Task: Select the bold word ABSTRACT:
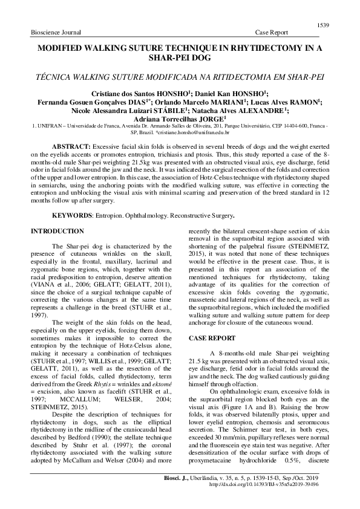pyautogui.click(x=70, y=147)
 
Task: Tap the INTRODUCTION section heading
pyautogui.click(x=57, y=232)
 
